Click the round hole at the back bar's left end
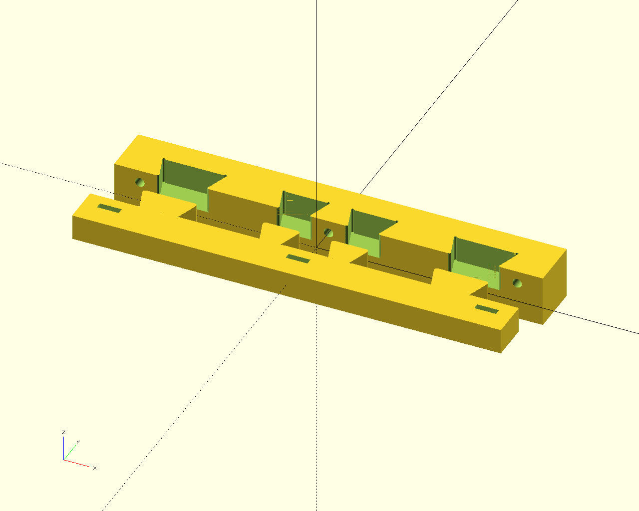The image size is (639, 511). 140,182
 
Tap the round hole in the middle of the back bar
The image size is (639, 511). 328,233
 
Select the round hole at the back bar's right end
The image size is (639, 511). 517,283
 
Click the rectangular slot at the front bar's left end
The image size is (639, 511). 109,208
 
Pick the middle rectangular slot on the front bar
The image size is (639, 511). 298,258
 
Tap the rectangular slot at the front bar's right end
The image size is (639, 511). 487,309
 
